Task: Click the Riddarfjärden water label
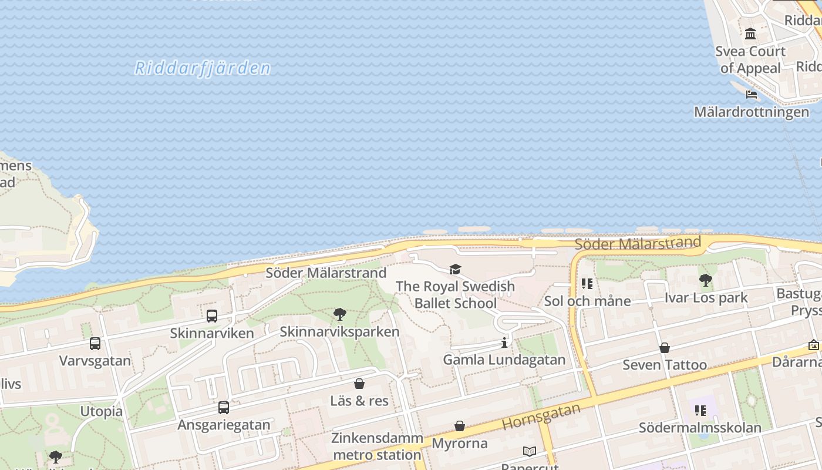coord(203,68)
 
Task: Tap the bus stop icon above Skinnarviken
coord(212,316)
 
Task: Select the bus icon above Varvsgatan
coord(95,344)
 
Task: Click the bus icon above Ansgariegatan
coord(224,407)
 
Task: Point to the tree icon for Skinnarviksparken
coord(339,314)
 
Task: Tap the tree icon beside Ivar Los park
coord(706,280)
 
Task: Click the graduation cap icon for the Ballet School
coord(455,269)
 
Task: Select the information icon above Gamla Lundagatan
coord(504,343)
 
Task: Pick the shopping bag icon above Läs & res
coord(359,384)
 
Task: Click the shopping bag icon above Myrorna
coord(460,426)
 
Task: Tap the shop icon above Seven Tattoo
coord(665,348)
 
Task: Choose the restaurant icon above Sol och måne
coord(587,284)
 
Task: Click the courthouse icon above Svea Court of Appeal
coord(750,34)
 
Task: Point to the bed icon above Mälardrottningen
coord(752,94)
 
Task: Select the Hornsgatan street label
coord(541,417)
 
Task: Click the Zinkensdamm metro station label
coord(377,446)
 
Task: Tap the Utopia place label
coord(101,411)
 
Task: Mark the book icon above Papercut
coord(529,451)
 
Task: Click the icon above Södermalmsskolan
coord(700,410)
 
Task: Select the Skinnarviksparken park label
coord(339,332)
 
